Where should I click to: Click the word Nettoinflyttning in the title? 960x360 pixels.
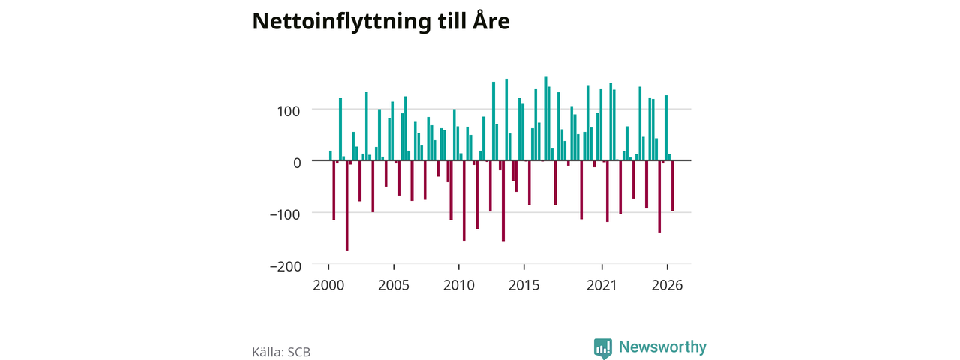(x=341, y=22)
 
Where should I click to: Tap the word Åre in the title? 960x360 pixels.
(x=491, y=19)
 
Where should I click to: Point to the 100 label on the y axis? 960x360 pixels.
(x=289, y=112)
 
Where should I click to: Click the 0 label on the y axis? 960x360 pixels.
(x=297, y=163)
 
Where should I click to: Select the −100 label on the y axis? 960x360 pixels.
(x=285, y=214)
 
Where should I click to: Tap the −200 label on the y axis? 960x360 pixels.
(x=286, y=266)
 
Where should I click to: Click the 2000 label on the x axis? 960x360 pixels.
(x=328, y=286)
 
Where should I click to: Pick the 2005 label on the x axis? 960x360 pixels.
(x=394, y=286)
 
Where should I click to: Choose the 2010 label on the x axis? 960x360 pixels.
(x=459, y=286)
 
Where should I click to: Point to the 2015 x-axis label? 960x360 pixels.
(x=524, y=286)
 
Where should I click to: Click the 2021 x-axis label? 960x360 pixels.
(x=601, y=286)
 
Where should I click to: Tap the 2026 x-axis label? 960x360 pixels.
(x=667, y=286)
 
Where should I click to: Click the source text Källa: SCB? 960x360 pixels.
(x=281, y=352)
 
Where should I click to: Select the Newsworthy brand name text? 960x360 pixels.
(x=662, y=346)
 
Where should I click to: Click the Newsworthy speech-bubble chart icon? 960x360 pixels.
(x=603, y=347)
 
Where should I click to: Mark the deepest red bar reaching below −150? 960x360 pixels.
(x=347, y=205)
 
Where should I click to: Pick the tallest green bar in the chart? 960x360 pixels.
(x=545, y=118)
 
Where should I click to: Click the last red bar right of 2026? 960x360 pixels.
(x=673, y=186)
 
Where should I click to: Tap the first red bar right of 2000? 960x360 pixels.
(x=334, y=190)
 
